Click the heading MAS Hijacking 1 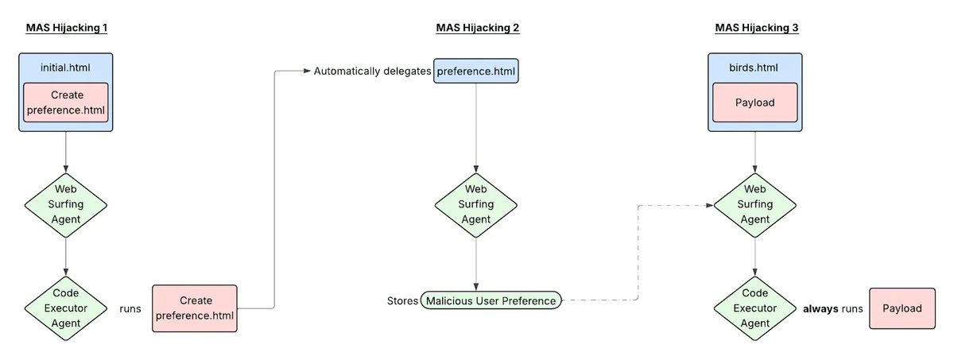click(x=66, y=28)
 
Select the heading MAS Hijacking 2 click(x=477, y=28)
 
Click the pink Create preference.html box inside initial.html click(x=66, y=103)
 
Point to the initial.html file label click(x=66, y=68)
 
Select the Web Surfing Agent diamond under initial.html click(x=66, y=203)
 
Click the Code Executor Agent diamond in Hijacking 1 click(x=66, y=308)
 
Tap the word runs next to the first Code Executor click(x=130, y=308)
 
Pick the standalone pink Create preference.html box click(x=196, y=308)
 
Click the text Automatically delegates click(x=372, y=72)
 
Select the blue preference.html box click(x=476, y=72)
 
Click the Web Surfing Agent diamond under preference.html click(x=476, y=203)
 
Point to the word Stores click(x=402, y=300)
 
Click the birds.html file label click(x=754, y=68)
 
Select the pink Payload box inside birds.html click(x=754, y=103)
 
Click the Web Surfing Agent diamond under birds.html click(x=754, y=203)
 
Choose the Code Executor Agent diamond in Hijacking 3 click(x=754, y=308)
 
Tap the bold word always click(x=820, y=308)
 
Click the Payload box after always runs click(x=902, y=308)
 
